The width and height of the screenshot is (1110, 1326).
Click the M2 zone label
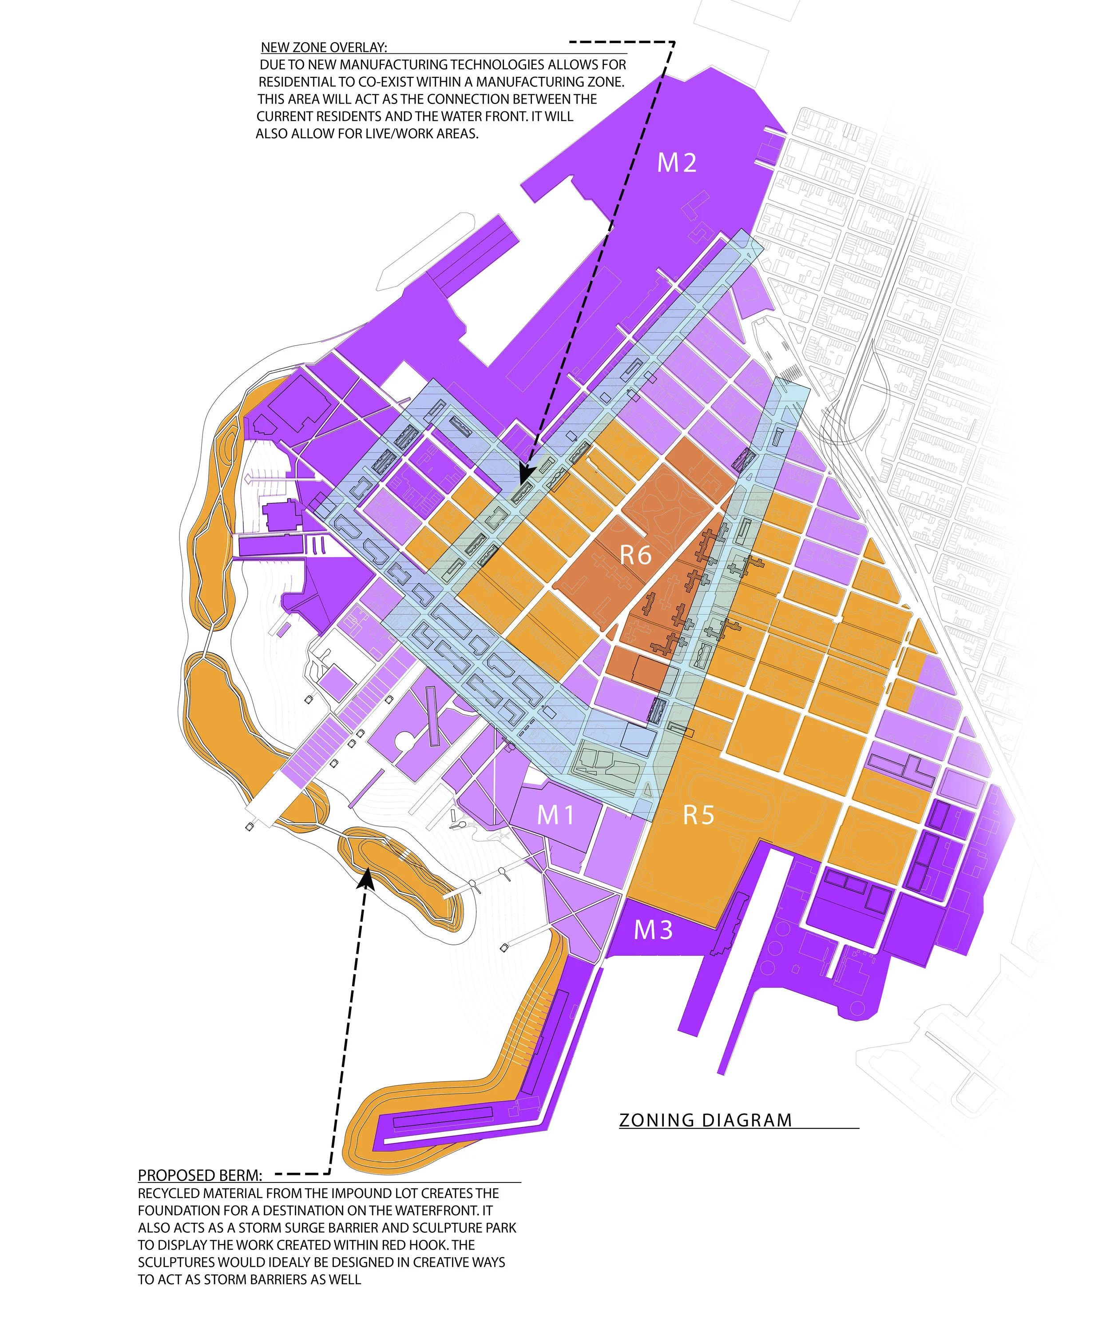677,163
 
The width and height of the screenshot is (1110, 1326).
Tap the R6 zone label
635,556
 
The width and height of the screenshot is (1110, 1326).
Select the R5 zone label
698,815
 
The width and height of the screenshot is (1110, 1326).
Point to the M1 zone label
555,815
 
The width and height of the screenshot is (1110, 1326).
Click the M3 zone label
653,930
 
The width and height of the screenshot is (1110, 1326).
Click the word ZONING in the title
657,1121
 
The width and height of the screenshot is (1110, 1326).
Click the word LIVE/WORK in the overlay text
400,134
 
